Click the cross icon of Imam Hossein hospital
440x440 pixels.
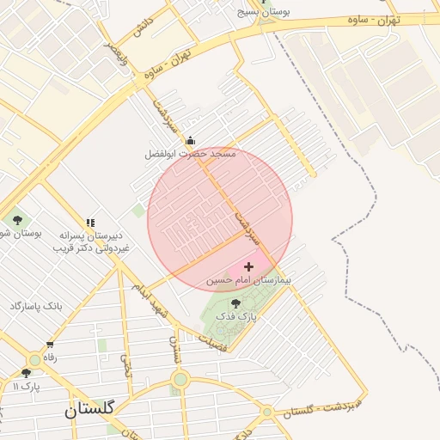(249, 267)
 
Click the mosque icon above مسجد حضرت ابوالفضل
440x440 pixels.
(190, 141)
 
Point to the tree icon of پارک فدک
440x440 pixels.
(236, 303)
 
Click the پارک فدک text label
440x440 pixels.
(236, 317)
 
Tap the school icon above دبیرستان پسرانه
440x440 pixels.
(90, 223)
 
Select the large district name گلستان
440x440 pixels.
(89, 411)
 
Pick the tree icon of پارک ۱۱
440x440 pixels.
(26, 373)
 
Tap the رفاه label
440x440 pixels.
(50, 357)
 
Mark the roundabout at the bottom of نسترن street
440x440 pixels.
(180, 379)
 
